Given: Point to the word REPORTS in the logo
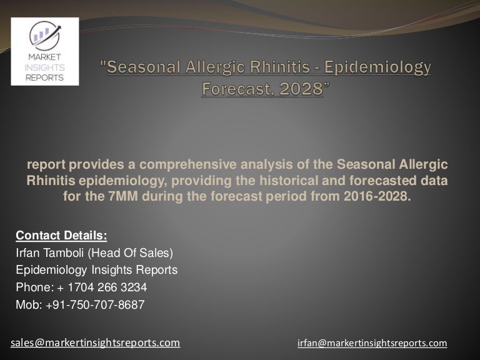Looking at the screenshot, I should point(45,77).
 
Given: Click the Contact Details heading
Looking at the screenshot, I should point(61,236).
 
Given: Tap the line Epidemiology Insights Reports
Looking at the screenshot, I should point(96,270).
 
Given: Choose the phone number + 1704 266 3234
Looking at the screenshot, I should point(103,287).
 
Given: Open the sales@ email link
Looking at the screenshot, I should point(96,342).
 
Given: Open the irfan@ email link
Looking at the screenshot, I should point(373,343).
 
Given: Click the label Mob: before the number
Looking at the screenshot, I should point(27,305).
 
